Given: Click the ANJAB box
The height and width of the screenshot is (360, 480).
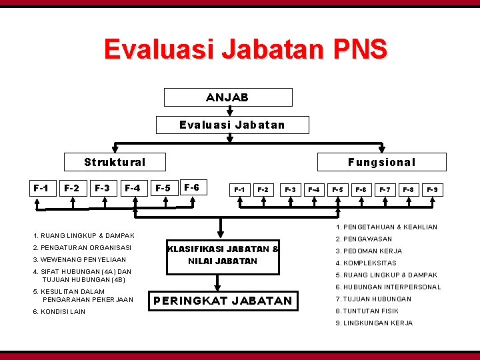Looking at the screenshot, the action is pyautogui.click(x=228, y=97).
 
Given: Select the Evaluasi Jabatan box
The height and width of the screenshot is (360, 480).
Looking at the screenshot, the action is pyautogui.click(x=232, y=125).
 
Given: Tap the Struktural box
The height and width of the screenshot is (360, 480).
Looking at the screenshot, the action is pyautogui.click(x=114, y=162).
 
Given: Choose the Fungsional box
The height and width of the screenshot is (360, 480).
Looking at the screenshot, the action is pyautogui.click(x=381, y=162).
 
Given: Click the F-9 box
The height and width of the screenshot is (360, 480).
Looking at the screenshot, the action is pyautogui.click(x=432, y=190).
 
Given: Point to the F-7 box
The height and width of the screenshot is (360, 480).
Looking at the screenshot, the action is pyautogui.click(x=385, y=190).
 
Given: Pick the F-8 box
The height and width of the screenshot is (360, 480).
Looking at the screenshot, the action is pyautogui.click(x=408, y=190).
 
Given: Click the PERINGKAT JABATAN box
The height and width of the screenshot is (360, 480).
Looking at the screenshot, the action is pyautogui.click(x=223, y=301).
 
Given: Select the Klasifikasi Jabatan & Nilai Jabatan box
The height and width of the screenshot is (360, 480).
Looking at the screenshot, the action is pyautogui.click(x=223, y=255).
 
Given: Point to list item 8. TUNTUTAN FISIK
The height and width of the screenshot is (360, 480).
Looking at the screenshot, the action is pyautogui.click(x=368, y=311).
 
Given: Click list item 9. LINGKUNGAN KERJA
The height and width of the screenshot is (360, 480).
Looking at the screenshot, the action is pyautogui.click(x=373, y=323).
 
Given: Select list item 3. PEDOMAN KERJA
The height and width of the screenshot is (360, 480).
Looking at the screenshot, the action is pyautogui.click(x=369, y=251).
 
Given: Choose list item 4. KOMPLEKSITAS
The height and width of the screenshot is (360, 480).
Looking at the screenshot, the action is pyautogui.click(x=365, y=263).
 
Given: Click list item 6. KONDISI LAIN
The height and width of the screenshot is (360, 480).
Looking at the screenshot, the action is pyautogui.click(x=59, y=312).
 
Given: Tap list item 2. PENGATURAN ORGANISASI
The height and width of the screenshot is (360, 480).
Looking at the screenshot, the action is pyautogui.click(x=82, y=247).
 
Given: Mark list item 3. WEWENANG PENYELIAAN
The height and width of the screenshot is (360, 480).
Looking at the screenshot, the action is pyautogui.click(x=79, y=259).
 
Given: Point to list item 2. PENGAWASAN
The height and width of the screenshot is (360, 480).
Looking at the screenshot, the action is pyautogui.click(x=363, y=239).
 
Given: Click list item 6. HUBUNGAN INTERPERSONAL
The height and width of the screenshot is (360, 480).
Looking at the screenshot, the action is pyautogui.click(x=388, y=287).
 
